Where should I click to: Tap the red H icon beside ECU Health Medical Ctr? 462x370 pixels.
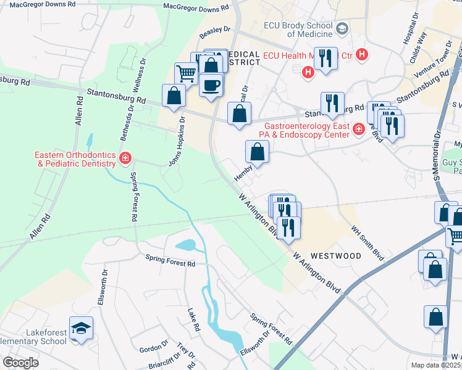[362, 54]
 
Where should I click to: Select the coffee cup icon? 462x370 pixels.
[211, 84]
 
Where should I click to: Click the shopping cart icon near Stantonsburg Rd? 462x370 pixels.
[185, 74]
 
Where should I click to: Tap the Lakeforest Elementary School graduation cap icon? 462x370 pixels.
[80, 329]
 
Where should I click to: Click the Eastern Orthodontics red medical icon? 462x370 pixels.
[125, 158]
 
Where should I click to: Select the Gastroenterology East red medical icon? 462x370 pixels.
[358, 128]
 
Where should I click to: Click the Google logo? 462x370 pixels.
[20, 363]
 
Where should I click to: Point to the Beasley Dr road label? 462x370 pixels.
[215, 29]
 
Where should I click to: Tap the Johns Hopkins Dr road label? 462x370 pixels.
[177, 142]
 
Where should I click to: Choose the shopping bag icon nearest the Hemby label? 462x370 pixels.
[257, 152]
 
